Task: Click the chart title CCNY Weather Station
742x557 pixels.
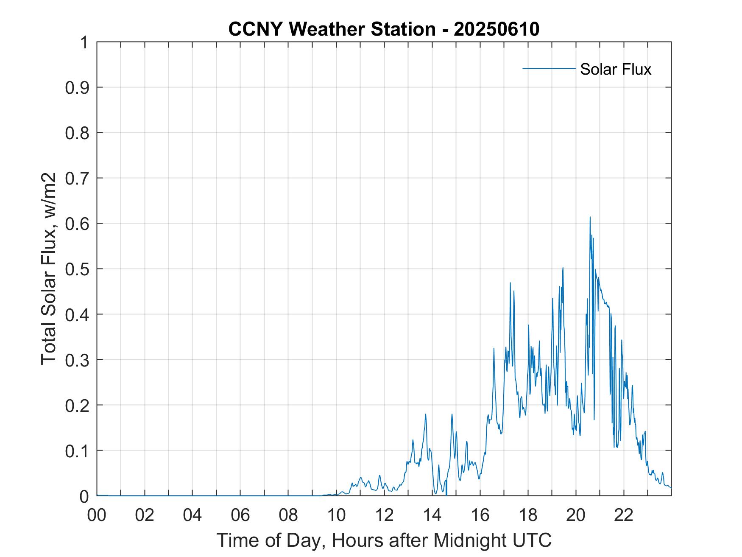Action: (332, 29)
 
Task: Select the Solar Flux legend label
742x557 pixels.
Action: (615, 69)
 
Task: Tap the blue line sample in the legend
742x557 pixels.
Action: (549, 68)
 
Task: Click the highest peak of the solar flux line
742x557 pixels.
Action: (590, 218)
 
